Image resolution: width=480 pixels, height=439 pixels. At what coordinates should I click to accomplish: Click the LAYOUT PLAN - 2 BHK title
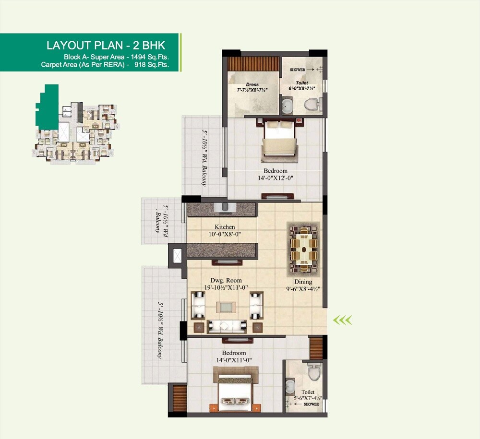click(106, 46)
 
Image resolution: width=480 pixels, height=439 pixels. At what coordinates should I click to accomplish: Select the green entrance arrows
click(343, 319)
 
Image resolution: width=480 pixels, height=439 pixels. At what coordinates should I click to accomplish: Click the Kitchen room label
click(225, 227)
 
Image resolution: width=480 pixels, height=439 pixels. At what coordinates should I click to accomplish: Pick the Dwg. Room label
click(226, 281)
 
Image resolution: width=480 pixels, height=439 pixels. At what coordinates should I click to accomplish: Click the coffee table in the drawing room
click(226, 308)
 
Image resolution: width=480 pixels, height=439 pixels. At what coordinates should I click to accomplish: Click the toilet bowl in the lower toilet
click(314, 370)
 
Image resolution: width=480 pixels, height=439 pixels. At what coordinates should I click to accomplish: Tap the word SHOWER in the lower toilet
click(311, 404)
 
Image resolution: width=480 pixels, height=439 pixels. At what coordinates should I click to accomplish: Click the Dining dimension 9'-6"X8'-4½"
click(303, 289)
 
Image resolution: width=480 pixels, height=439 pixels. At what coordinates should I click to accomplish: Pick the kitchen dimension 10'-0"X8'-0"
click(224, 235)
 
